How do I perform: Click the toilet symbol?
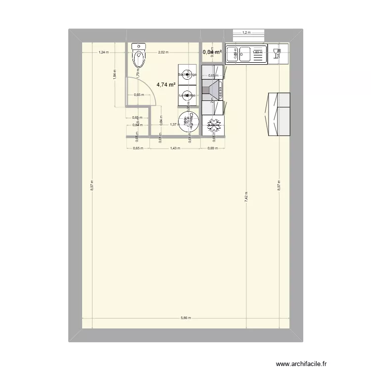139,55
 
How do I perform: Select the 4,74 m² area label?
166,85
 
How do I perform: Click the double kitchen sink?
245,54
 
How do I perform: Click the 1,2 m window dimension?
246,33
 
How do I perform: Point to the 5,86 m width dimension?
185,318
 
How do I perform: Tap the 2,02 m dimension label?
163,52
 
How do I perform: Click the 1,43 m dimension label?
174,148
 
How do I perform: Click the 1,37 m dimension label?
174,125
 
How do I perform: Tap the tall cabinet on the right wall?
278,114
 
